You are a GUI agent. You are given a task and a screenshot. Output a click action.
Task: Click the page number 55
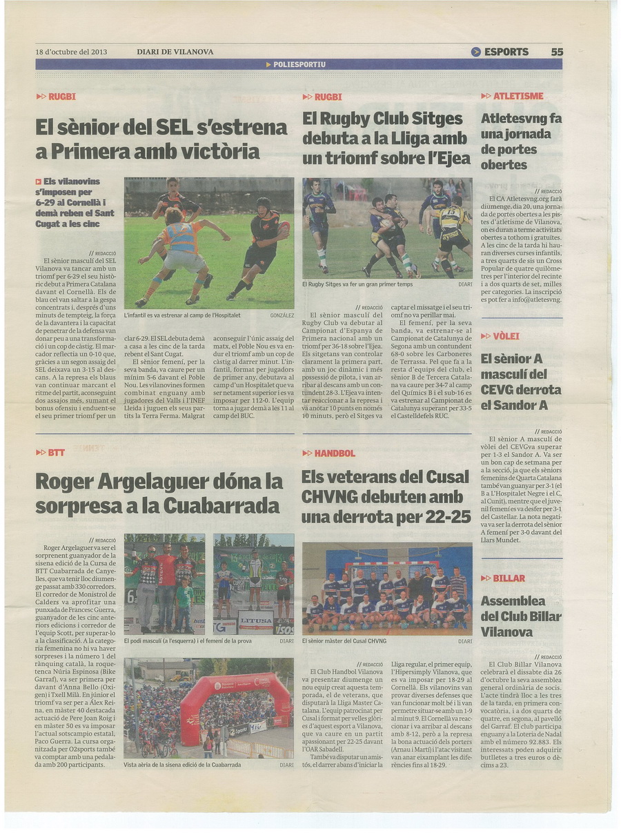(x=557, y=52)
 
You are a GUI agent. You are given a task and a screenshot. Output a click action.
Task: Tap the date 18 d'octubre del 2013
(x=71, y=52)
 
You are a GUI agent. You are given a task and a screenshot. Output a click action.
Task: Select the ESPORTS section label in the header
(x=506, y=52)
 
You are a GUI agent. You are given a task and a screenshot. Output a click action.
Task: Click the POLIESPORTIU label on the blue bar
(x=299, y=64)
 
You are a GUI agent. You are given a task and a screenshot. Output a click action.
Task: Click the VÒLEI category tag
(x=506, y=336)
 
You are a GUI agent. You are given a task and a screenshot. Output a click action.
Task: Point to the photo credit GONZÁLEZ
(x=282, y=315)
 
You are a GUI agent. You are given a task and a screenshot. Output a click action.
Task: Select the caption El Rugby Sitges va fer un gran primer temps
(x=358, y=284)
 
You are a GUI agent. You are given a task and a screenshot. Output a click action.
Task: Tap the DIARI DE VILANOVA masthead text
(x=175, y=52)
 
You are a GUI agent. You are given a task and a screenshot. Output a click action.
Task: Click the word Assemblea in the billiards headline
(x=513, y=601)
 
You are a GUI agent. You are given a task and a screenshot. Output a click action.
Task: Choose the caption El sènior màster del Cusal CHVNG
(x=344, y=641)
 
